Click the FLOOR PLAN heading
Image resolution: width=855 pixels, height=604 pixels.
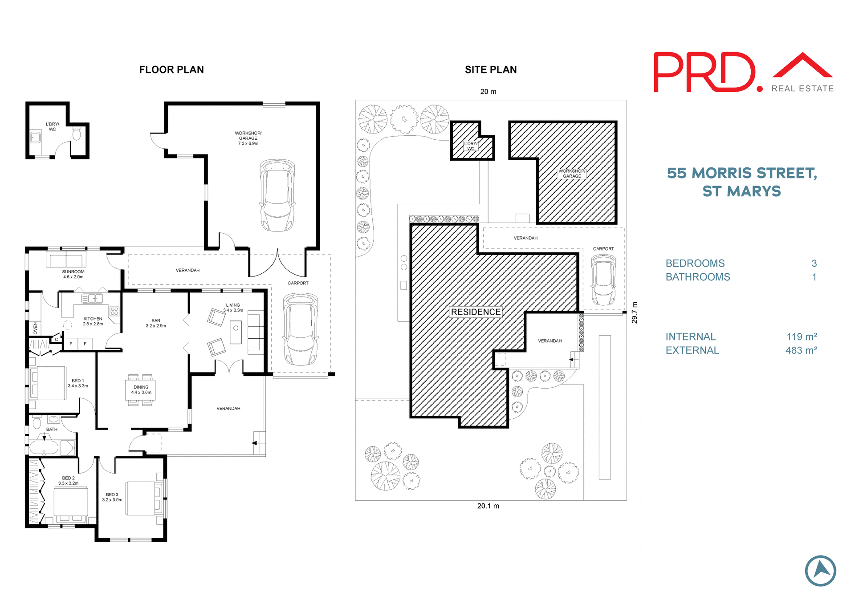tap(171, 70)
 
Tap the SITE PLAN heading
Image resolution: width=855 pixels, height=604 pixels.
tap(491, 70)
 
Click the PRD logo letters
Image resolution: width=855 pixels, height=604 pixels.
tap(704, 73)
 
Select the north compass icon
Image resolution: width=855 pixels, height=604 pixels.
tap(820, 571)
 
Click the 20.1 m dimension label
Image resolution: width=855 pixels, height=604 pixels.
tap(488, 506)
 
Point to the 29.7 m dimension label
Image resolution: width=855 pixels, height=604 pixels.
tap(635, 312)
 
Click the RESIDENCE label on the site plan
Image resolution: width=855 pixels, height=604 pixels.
tap(476, 312)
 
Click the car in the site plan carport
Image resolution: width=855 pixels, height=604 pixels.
tap(603, 280)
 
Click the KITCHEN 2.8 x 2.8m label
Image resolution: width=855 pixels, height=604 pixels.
tap(93, 321)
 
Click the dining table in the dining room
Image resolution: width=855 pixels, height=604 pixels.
tap(141, 390)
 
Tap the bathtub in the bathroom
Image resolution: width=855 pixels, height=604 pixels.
tap(44, 448)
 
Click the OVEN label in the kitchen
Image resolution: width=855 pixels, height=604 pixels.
tap(36, 328)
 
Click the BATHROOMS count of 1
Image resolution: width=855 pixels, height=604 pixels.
tap(814, 277)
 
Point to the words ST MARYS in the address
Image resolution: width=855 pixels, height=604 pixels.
tap(741, 191)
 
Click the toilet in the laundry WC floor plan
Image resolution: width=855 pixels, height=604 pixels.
tap(77, 133)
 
